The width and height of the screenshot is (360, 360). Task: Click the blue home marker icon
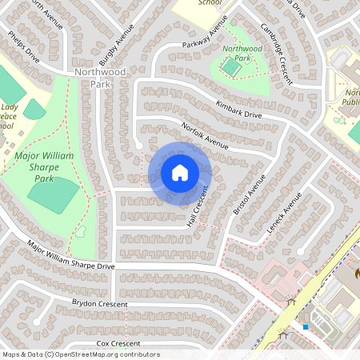[180, 172]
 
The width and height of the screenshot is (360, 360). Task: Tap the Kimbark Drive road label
[238, 110]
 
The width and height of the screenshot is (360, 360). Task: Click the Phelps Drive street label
[22, 48]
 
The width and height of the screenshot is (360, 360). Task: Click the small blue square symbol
[306, 326]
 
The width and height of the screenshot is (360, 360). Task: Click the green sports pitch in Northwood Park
[232, 70]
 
